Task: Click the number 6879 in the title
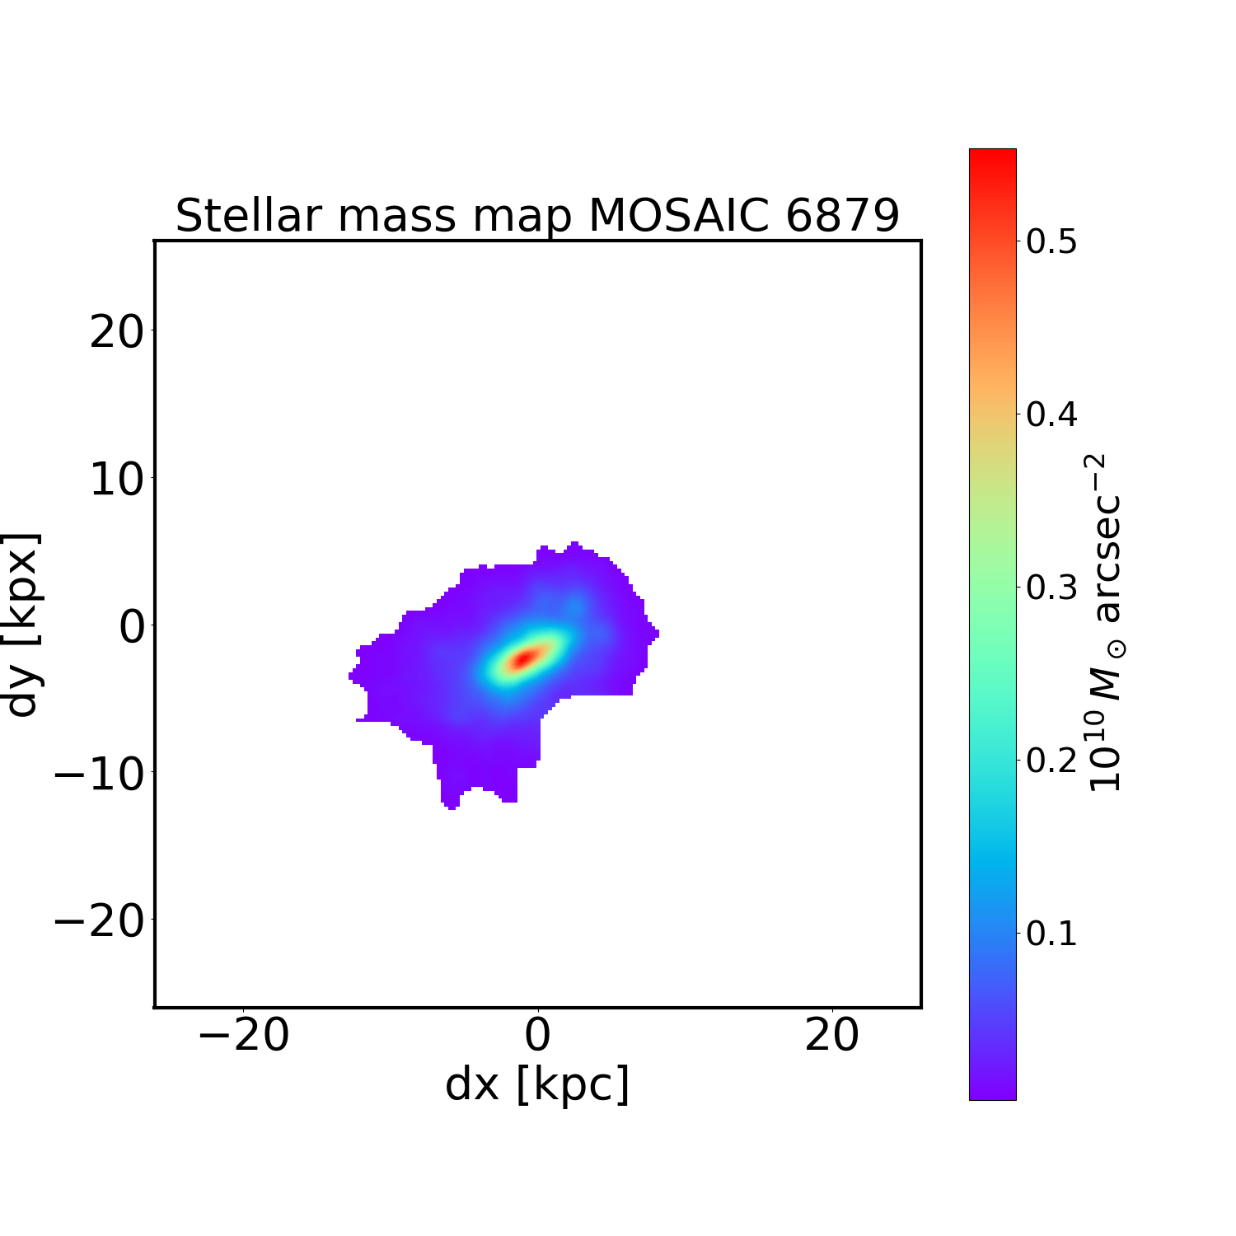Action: [842, 216]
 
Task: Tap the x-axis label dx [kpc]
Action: [537, 1084]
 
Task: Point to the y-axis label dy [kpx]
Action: [22, 625]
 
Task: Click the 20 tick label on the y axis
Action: [116, 332]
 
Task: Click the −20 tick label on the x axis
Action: [244, 1036]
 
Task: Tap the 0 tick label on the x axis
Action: [537, 1036]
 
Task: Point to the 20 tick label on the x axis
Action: [832, 1036]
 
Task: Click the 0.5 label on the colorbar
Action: [1051, 242]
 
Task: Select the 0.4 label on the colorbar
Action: [1051, 414]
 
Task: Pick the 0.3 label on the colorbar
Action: [1051, 588]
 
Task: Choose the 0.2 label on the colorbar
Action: [1051, 761]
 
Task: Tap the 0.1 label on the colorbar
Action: [1051, 934]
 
